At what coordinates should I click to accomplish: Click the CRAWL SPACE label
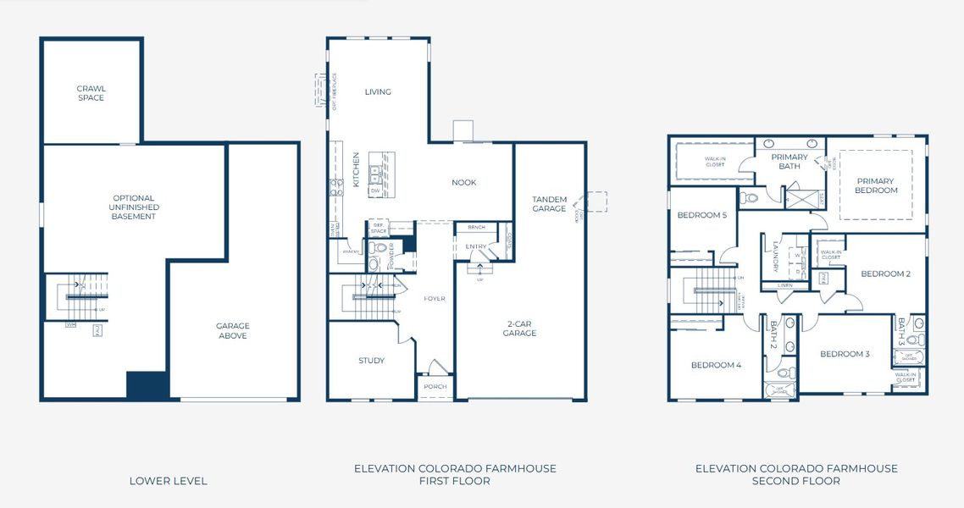coord(91,93)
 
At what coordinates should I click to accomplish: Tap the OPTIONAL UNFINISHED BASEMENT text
coord(134,207)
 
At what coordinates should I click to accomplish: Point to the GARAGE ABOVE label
coord(232,331)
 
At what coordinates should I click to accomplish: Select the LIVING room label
coord(378,92)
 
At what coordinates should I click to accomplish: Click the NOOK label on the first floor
coord(463,182)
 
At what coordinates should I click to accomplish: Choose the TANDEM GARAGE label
coord(549,204)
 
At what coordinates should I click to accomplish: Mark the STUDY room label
coord(371,361)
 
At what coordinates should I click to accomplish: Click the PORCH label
coord(435,387)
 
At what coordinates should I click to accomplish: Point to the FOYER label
coord(435,299)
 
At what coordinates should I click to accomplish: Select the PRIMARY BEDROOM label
coord(875,185)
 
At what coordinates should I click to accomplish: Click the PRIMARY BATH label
coord(789,162)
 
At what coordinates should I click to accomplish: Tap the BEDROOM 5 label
coord(701,215)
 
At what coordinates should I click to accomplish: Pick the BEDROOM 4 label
coord(716,365)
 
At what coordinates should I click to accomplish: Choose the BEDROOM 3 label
coord(845,354)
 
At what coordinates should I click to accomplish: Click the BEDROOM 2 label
coord(885,273)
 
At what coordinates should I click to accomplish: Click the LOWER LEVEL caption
coord(168,481)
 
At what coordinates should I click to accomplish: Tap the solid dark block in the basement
coord(147,385)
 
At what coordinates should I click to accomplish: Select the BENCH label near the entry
coord(476,227)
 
